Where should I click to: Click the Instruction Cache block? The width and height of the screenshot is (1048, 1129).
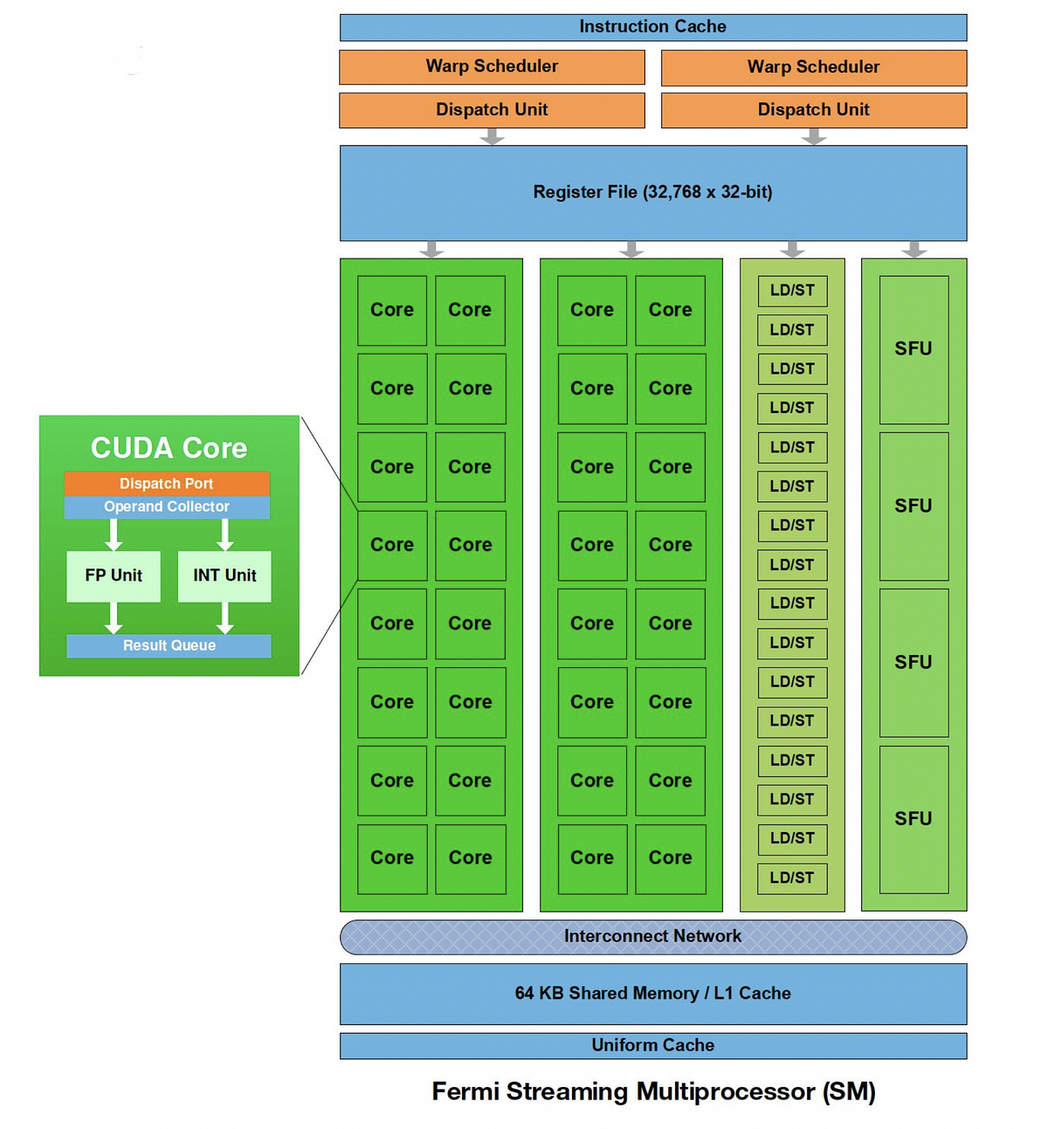[652, 27]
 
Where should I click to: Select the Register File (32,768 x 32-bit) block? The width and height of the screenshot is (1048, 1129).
[652, 192]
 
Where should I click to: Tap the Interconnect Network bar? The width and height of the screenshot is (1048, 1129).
[652, 937]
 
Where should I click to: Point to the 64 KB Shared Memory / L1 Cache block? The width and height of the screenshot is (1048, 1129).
[652, 994]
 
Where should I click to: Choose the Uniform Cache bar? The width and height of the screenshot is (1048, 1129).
[652, 1045]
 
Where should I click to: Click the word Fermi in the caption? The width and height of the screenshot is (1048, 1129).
[465, 1091]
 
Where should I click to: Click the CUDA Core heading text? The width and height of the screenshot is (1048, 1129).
[169, 448]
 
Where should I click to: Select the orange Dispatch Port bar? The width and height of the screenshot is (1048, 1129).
[166, 484]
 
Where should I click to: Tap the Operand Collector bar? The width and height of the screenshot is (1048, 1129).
[166, 507]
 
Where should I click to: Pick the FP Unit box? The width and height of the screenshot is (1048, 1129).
[114, 576]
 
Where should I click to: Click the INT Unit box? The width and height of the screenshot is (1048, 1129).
[224, 576]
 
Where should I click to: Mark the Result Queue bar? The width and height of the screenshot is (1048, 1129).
[169, 646]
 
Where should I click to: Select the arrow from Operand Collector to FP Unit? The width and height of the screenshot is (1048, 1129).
[114, 534]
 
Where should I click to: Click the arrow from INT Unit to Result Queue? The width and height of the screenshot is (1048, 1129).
[224, 617]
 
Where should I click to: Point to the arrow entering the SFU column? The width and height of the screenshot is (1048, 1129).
[914, 250]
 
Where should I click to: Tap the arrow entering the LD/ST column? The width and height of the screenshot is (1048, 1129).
[792, 250]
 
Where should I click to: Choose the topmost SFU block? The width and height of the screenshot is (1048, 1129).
[914, 349]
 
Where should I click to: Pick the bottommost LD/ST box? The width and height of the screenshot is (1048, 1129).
[792, 878]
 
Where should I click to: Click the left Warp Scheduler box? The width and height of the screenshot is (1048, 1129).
[492, 66]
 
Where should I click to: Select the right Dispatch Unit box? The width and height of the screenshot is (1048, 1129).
[813, 110]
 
